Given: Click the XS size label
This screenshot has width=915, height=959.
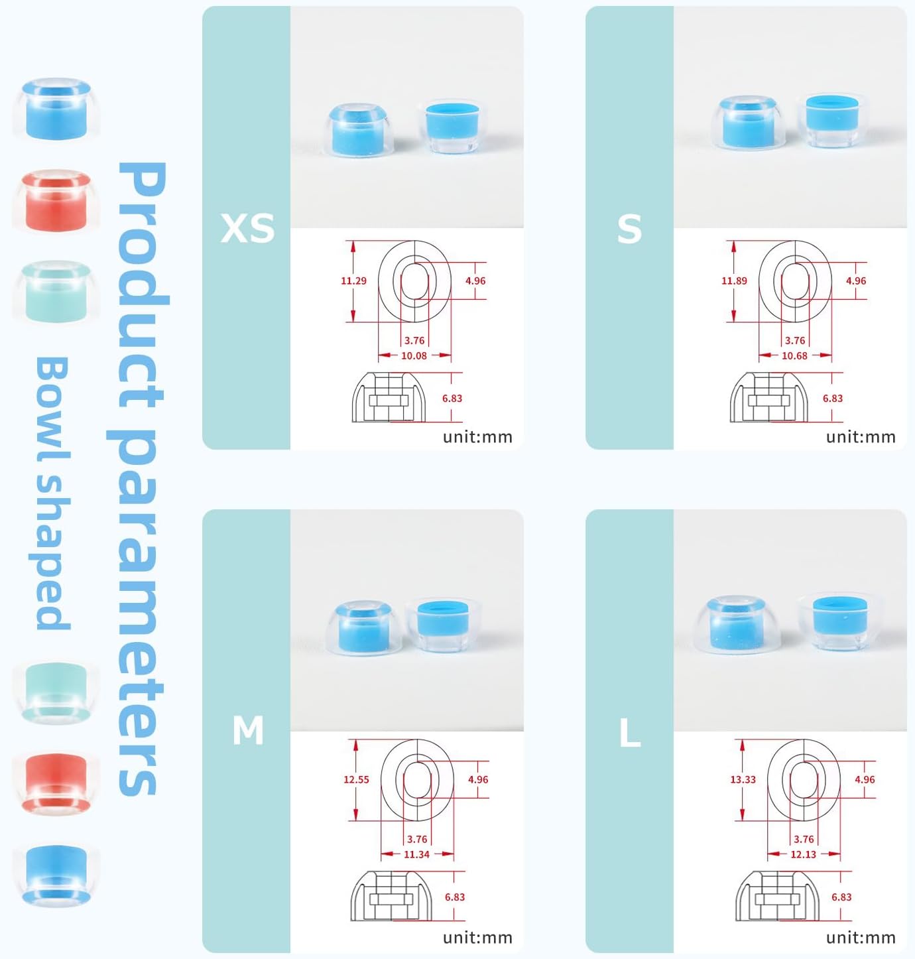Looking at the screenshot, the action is pos(247,227).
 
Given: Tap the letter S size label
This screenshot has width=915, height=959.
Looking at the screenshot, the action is pos(629,229).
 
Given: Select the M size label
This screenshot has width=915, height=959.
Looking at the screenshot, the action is pos(248,730).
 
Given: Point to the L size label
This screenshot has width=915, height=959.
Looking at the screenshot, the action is pos(630,733).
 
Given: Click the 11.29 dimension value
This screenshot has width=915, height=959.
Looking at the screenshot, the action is pos(353,281).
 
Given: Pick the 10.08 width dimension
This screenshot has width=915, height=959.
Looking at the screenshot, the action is pos(414,355).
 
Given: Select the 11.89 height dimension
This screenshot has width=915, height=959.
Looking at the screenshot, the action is pos(734,281).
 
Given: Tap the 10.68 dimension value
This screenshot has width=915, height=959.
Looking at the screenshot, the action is pos(794,355).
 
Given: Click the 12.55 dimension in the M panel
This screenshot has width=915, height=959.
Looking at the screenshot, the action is pos(357,779).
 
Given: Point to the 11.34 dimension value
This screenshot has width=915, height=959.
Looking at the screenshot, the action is pos(416,855).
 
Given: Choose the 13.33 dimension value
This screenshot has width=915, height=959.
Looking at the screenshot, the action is pos(743,779).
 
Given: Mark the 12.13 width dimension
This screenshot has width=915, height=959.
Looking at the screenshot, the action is pos(804,855).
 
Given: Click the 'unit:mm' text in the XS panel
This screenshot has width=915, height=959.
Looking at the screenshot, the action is pos(477,437).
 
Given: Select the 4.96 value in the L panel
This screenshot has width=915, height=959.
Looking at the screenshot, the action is pos(865,779).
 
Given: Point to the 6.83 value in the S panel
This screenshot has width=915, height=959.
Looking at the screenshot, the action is pos(833,398).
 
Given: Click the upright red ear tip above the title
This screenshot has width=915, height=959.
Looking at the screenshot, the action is pos(56,200).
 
